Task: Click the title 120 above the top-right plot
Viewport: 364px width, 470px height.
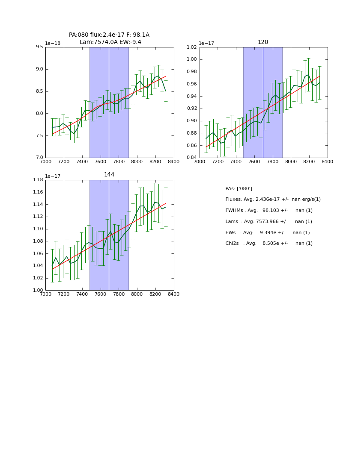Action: click(x=263, y=42)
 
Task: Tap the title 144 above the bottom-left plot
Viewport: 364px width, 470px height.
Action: click(x=109, y=175)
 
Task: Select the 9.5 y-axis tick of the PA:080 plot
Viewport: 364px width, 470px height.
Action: click(x=39, y=47)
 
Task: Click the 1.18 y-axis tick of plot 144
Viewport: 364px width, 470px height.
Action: click(x=38, y=180)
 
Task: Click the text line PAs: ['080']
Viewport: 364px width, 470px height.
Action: click(x=239, y=189)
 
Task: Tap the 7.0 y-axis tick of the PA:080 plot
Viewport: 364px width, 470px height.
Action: click(x=39, y=158)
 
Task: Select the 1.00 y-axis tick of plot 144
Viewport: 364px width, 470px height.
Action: click(x=38, y=291)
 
